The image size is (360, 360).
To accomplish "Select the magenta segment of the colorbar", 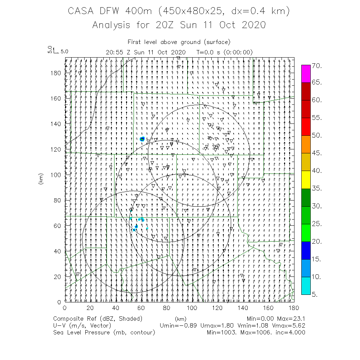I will pos(306,74).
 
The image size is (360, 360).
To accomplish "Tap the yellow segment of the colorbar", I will pos(306,180).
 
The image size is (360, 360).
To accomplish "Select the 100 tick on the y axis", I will pos(56,175).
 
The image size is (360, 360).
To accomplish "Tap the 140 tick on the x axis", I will pos(243,308).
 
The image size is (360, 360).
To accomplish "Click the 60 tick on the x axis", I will pos(141,308).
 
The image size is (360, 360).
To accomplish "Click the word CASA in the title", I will pos(82,12).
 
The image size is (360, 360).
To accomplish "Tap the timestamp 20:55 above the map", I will pos(114,52).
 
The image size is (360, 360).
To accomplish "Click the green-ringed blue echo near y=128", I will pos(142,139).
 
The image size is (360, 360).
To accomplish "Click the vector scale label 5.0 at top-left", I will pos(64,52).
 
